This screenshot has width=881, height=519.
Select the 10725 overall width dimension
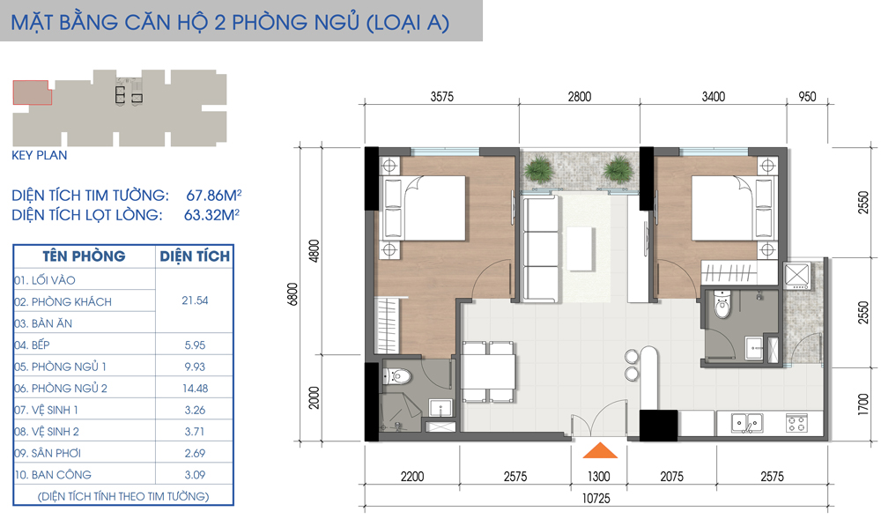tap(597, 498)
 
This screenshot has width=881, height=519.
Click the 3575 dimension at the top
tap(441, 97)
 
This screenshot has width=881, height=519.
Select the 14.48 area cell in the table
tap(195, 389)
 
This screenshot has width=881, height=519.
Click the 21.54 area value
tap(195, 301)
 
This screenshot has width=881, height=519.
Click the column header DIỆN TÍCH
tap(195, 256)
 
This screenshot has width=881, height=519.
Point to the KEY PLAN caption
tap(40, 155)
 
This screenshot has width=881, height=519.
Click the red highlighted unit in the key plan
tap(32, 92)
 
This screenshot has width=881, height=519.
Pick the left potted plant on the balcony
tap(537, 167)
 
